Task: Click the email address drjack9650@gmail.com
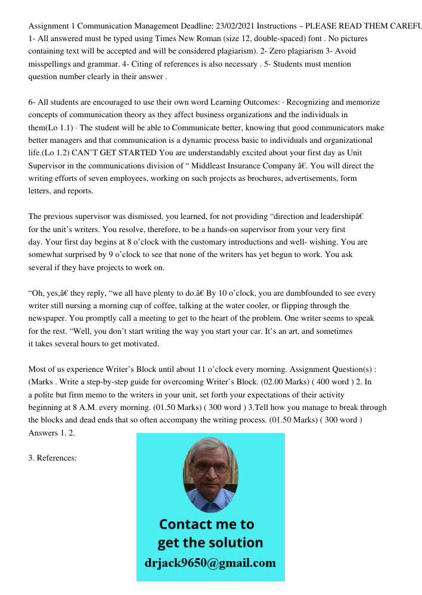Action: point(210,563)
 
